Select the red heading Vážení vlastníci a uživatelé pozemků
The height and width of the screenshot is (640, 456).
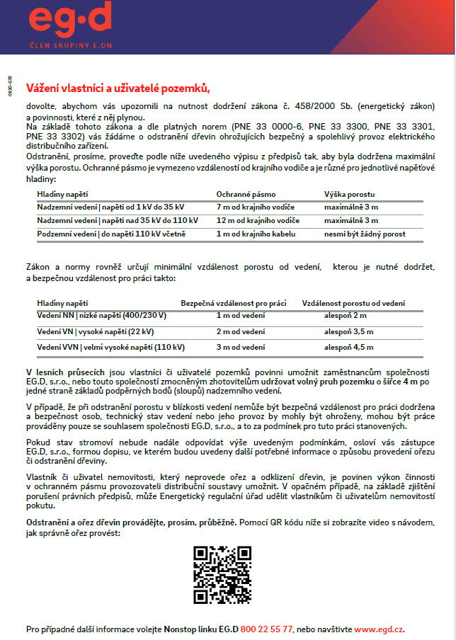tap(118, 88)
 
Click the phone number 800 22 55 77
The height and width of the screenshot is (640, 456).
tap(266, 629)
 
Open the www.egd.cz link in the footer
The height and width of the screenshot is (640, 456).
tap(379, 629)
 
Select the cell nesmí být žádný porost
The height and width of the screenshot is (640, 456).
tap(364, 234)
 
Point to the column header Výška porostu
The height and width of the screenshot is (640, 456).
tap(349, 193)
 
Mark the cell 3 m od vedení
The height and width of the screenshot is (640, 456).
tap(240, 347)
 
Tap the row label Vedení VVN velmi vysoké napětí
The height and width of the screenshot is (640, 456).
tap(110, 347)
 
